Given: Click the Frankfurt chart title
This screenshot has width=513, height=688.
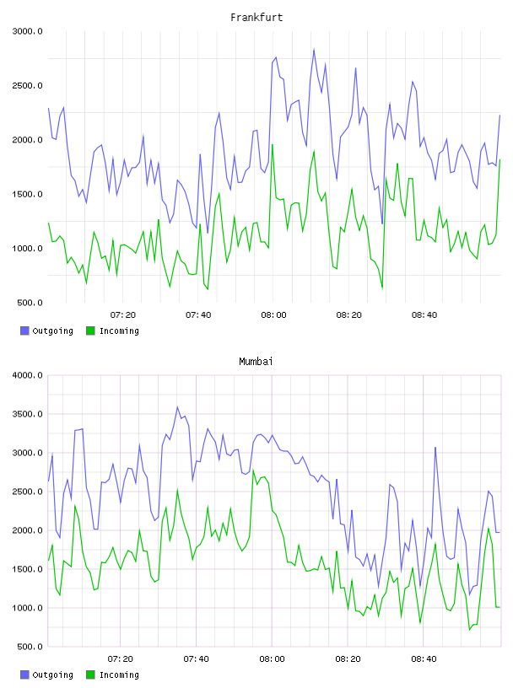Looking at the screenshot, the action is click(x=256, y=18).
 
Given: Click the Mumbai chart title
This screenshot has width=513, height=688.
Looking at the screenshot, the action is click(x=256, y=362).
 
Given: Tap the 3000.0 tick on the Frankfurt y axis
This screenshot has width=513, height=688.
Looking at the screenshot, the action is click(x=27, y=31).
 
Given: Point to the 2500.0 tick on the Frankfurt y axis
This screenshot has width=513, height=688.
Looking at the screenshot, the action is click(x=27, y=85).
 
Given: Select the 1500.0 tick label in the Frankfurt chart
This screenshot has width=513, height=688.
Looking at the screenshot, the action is click(x=27, y=195).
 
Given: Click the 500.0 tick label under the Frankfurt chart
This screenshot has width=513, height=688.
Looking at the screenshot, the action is click(x=30, y=303).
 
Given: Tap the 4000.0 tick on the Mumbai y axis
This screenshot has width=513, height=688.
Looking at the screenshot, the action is click(x=27, y=375).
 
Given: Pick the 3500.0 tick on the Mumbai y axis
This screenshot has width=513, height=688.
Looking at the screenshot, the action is click(x=27, y=414).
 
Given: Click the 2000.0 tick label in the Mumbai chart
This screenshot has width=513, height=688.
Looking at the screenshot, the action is click(x=27, y=530).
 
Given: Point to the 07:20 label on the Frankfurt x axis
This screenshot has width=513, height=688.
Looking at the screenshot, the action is click(x=123, y=315).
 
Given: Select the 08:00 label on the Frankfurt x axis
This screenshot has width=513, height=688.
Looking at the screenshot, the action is click(x=273, y=315).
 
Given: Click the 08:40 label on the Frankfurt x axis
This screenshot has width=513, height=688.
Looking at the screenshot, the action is click(x=424, y=315).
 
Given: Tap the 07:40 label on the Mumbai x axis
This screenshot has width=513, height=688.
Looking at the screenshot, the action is click(x=197, y=659).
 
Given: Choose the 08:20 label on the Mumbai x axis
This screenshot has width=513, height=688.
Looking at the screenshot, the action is click(x=348, y=659).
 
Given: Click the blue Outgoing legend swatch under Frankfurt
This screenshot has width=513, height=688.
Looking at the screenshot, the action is click(x=24, y=331).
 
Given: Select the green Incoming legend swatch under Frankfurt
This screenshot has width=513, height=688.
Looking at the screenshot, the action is click(x=90, y=331).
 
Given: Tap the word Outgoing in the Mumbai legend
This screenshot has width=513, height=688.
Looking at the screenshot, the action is click(x=52, y=675).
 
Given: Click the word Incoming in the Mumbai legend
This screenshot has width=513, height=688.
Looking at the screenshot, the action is click(x=119, y=675).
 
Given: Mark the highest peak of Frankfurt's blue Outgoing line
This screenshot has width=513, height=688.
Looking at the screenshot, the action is click(x=314, y=49).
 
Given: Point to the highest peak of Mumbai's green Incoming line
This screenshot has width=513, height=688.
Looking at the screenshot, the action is click(x=253, y=470).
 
